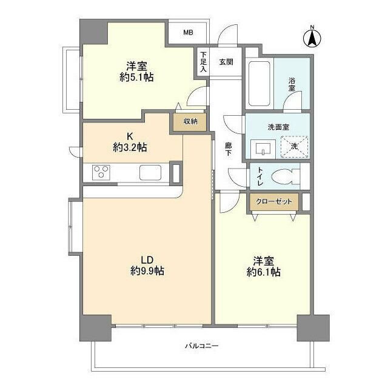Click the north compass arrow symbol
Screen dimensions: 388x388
tap(312, 38)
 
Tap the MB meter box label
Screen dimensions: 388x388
tap(188, 32)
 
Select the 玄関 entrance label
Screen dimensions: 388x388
tap(226, 62)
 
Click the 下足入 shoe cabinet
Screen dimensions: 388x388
tap(203, 62)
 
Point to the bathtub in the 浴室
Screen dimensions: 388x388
tap(259, 84)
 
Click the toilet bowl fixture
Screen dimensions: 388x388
tap(285, 176)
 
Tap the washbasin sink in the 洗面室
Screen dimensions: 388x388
tap(263, 149)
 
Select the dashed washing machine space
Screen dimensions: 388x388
tap(294, 147)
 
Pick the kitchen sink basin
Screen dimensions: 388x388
tap(150, 172)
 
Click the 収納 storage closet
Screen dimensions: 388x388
tap(190, 122)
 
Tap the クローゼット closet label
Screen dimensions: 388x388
tap(273, 201)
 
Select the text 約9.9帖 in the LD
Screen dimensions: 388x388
tap(147, 271)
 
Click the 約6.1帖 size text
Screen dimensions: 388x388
tap(264, 272)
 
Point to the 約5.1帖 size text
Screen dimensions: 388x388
tap(136, 78)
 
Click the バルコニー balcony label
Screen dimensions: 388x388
tap(202, 346)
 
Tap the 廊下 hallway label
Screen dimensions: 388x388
tap(228, 149)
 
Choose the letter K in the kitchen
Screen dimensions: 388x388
tap(130, 136)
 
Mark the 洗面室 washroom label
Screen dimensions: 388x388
tap(278, 127)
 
